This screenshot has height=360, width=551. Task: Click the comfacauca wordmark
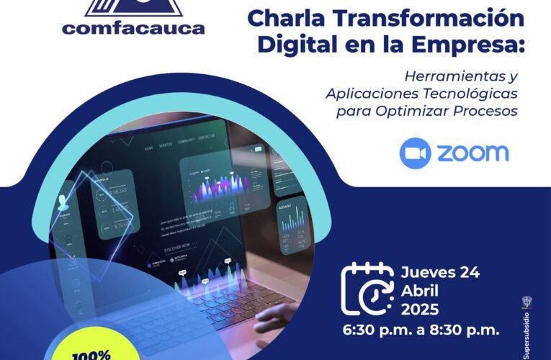coord(133,29)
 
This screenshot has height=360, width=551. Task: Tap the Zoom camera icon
coord(415,153)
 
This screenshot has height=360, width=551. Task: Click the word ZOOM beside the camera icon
coord(472,153)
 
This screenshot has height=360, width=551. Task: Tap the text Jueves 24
coord(439,272)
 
